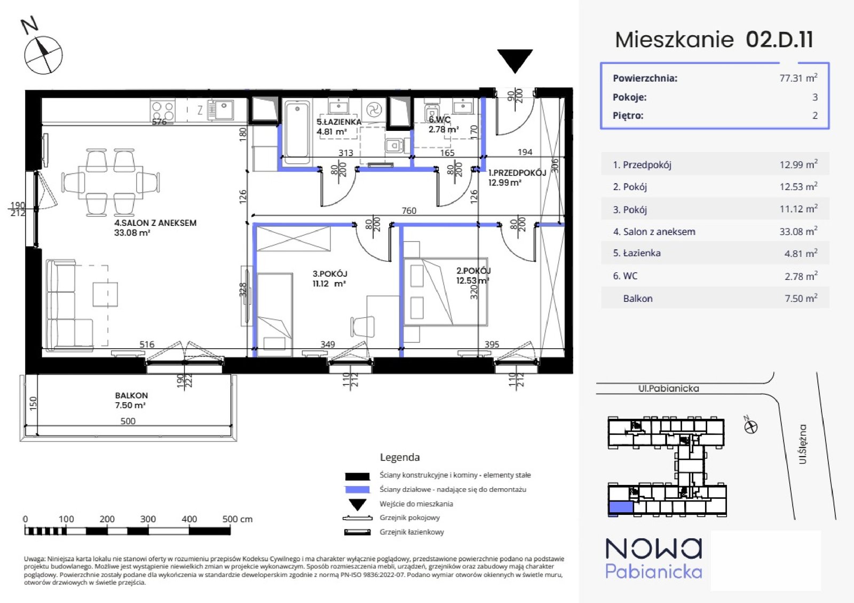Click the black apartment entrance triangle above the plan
515,59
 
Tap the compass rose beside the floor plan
43,55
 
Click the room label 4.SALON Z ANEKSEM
155,223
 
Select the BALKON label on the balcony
131,396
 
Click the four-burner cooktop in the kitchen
163,111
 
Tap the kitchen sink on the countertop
223,109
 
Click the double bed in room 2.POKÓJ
446,292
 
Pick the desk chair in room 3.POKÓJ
362,327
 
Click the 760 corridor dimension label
409,210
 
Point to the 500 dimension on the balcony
128,421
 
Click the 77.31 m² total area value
798,78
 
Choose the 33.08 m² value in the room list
798,231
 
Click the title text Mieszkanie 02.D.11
714,40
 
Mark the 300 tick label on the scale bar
148,519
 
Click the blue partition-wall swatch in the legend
357,490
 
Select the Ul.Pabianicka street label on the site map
669,389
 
